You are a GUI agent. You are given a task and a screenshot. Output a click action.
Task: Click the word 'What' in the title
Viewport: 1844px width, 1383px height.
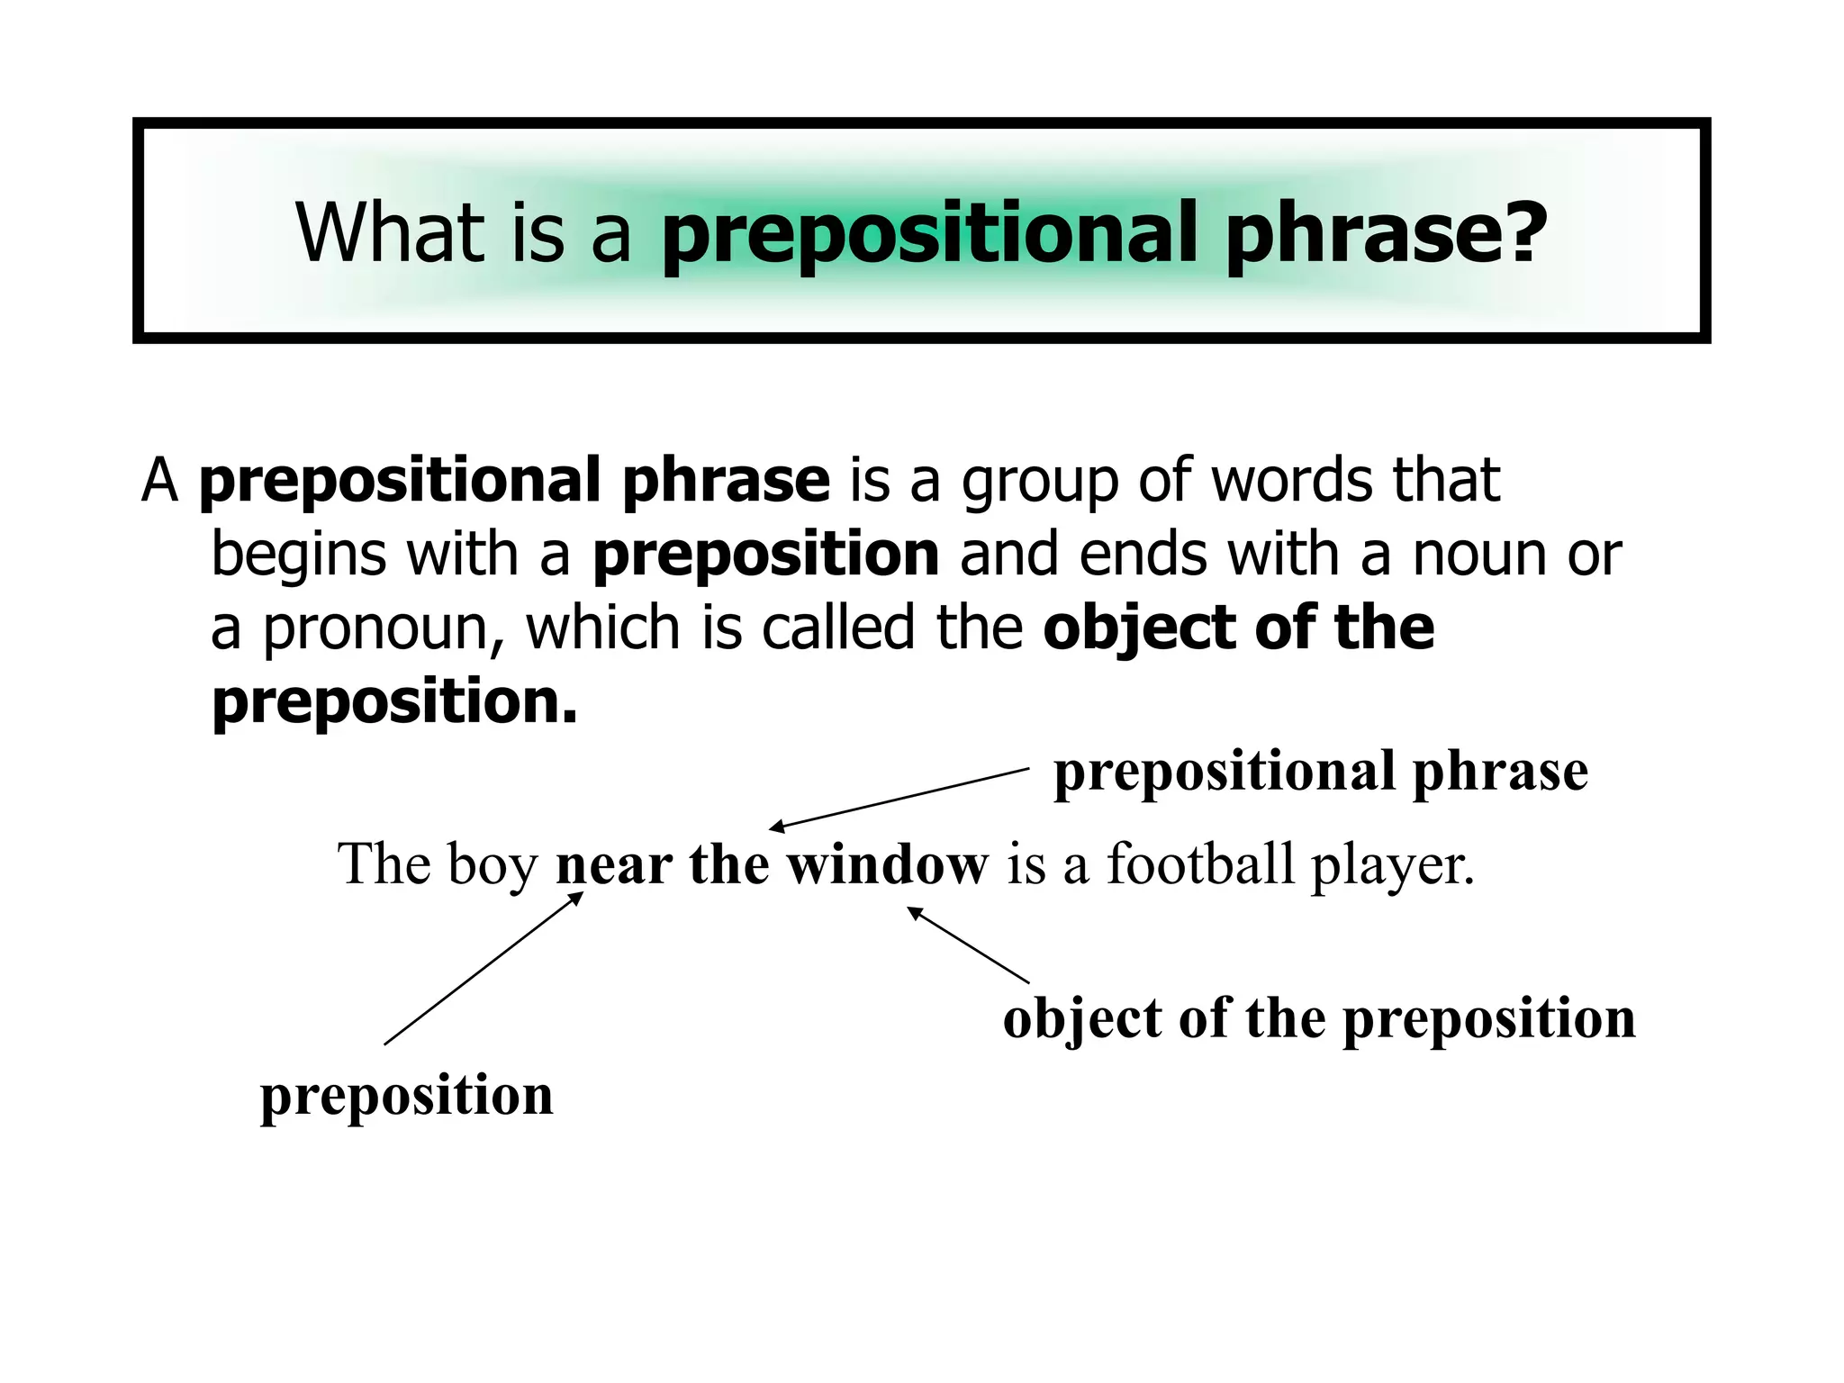coord(390,232)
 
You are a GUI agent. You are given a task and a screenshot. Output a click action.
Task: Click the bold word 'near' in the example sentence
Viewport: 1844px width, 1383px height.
coord(613,864)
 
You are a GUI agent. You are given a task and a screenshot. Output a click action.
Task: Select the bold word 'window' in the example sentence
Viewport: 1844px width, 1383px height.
coord(887,864)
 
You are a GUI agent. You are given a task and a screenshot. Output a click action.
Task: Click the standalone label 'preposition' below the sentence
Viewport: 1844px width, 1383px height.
coord(406,1096)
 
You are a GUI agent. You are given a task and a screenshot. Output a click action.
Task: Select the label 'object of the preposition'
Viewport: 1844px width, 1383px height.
coord(1318,1018)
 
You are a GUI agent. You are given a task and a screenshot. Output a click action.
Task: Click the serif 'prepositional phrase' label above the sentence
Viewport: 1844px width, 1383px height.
coord(1320,772)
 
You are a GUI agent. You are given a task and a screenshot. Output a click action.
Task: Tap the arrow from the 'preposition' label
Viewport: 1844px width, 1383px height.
coord(484,968)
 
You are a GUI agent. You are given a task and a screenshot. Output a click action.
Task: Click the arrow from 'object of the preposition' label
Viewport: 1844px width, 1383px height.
coord(968,945)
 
